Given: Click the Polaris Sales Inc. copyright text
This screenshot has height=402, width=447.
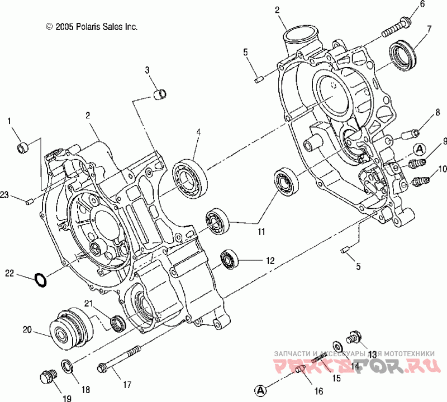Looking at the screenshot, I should pos(92,26).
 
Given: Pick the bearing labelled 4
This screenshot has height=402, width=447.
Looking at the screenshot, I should pos(191,178).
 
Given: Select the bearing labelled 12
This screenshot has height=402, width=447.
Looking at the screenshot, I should pos(229,259).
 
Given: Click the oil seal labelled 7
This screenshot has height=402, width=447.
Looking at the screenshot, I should pos(403,54).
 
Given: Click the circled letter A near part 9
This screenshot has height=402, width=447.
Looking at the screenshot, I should pos(419,149).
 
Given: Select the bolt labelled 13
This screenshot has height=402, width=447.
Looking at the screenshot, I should pos(354,337).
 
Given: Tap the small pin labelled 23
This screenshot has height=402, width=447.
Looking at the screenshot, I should pos(30,201).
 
